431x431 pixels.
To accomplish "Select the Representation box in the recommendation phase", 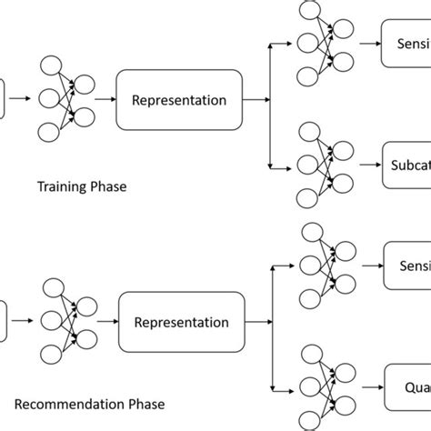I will pos(181,322).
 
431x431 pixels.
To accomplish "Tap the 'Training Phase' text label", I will pos(81,187).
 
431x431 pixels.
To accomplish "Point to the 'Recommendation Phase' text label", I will pos(89,403).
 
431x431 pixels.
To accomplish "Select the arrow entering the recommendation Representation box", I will pos(106,321).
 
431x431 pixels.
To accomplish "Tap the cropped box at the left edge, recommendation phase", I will pos(4,320).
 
